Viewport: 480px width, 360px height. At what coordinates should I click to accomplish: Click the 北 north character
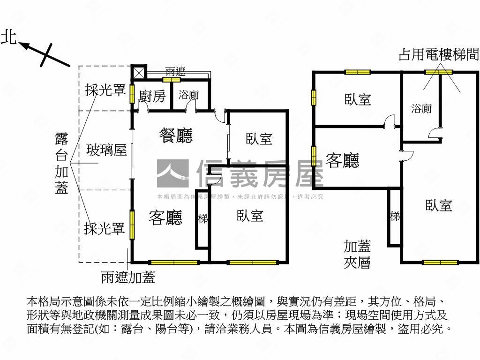8,37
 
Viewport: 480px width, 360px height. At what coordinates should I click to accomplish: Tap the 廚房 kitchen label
152,97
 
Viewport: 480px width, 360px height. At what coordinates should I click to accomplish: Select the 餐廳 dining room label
176,136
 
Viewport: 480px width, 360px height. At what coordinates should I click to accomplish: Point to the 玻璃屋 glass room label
106,150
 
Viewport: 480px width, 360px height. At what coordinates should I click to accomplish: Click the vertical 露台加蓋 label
62,163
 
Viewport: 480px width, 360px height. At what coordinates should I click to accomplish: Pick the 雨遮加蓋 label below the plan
128,277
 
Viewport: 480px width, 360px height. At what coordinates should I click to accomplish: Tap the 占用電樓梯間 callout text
439,55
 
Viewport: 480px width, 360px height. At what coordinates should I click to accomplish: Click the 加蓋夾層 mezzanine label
357,254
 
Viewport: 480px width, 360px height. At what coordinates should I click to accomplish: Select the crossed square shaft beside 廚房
139,73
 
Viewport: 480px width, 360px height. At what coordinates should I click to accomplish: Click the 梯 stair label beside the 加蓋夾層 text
395,217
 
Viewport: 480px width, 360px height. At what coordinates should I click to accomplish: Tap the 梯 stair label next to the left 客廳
203,218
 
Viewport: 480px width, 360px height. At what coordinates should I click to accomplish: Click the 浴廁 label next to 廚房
189,95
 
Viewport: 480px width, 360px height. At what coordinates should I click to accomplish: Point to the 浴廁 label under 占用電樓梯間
421,109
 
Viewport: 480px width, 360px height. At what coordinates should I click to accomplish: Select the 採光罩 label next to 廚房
105,90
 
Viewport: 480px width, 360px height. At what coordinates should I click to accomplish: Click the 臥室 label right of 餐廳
259,139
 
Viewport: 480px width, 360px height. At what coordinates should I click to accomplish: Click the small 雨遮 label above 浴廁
175,72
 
